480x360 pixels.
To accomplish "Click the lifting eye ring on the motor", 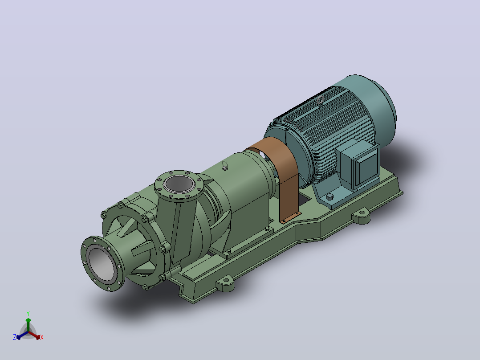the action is click(x=321, y=99).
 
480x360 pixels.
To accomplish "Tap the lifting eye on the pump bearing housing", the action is click(x=225, y=165).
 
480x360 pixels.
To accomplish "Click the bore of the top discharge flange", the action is click(x=179, y=184).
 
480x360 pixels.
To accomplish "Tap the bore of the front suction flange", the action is click(x=102, y=264).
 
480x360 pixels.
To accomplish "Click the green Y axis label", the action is click(x=28, y=313).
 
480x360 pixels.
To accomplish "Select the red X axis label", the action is click(x=42, y=337).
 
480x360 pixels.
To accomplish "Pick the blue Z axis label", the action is click(x=15, y=337).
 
